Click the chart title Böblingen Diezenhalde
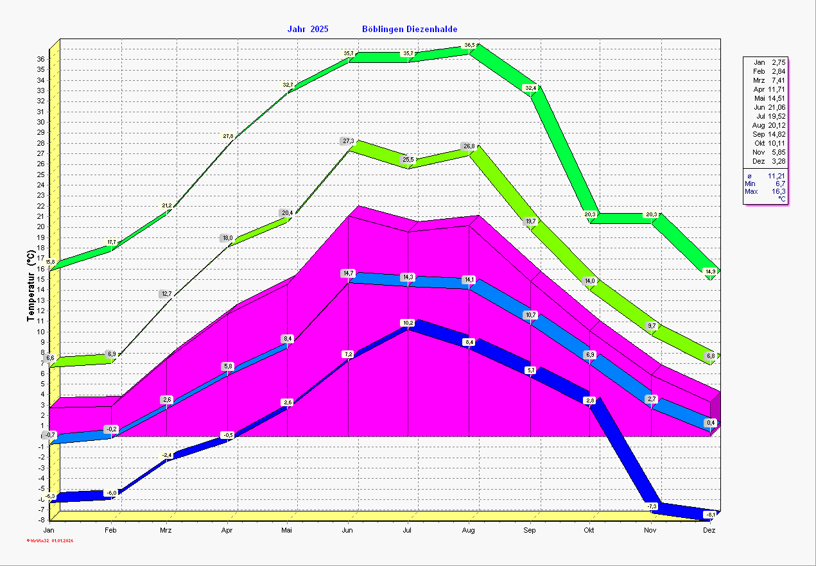click(x=410, y=30)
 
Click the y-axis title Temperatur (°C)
click(x=31, y=286)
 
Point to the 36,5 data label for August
click(x=469, y=45)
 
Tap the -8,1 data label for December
click(x=711, y=515)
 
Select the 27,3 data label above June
click(x=348, y=141)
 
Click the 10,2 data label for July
click(x=408, y=322)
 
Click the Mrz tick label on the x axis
click(x=166, y=531)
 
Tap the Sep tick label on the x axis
click(x=530, y=531)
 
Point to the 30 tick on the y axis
click(x=40, y=122)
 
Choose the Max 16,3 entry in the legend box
click(x=765, y=191)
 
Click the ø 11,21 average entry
click(x=765, y=175)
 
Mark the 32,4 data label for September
click(x=530, y=88)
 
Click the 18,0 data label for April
click(x=227, y=238)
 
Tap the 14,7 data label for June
click(x=348, y=273)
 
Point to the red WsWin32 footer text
click(x=50, y=540)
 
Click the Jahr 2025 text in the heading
click(x=308, y=30)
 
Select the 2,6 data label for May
click(x=288, y=402)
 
